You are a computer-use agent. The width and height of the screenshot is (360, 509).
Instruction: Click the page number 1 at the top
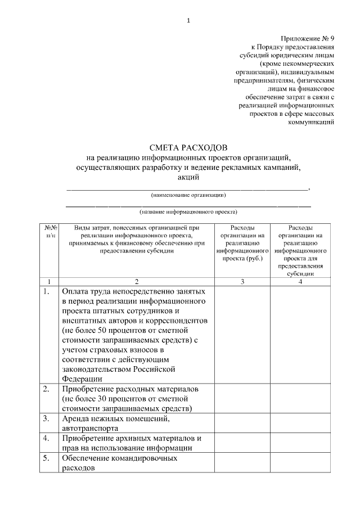(188, 21)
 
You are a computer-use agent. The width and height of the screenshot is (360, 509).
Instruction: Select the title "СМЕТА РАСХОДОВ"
(188, 147)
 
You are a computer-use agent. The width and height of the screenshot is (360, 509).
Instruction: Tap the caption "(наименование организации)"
(188, 195)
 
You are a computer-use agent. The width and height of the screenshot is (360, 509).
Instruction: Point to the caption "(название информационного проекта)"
(188, 212)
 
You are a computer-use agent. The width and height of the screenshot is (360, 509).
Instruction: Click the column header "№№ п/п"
(48, 231)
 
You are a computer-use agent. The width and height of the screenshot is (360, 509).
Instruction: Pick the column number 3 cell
(242, 281)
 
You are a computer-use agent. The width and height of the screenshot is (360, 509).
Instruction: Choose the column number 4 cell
(300, 281)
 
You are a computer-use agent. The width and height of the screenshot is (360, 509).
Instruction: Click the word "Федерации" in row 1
(82, 379)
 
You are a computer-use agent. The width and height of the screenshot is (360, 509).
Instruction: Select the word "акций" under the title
(188, 177)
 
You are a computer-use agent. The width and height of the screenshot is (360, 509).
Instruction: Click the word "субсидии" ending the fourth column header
(300, 274)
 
